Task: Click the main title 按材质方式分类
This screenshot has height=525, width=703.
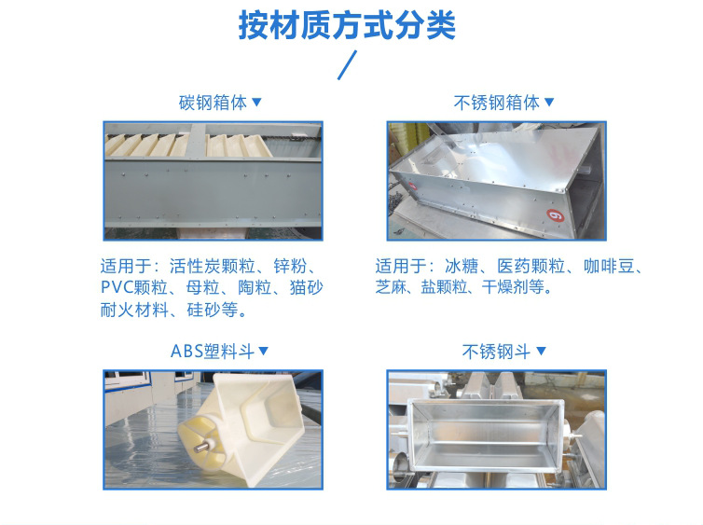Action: click(347, 25)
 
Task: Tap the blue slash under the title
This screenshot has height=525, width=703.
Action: click(347, 65)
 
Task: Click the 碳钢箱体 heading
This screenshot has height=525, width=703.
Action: click(213, 103)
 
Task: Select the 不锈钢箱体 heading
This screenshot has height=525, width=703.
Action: click(496, 103)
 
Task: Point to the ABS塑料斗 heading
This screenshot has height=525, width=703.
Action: click(213, 351)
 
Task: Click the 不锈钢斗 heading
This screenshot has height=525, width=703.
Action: click(496, 351)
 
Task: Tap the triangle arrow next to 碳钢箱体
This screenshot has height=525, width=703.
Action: click(256, 103)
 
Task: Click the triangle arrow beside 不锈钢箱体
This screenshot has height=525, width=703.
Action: click(549, 103)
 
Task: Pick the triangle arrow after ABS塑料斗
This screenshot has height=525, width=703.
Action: click(264, 351)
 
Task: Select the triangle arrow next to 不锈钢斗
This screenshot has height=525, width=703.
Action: click(541, 351)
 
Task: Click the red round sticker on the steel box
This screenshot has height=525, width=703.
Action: click(556, 215)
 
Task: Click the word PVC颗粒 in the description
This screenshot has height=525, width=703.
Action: click(134, 287)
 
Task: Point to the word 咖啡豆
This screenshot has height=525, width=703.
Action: click(609, 267)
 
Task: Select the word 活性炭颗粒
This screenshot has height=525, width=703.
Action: click(212, 267)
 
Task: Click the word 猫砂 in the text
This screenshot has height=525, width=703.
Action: click(306, 287)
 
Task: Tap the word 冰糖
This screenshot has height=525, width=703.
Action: click(462, 267)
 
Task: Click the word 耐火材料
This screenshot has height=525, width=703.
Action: click(134, 310)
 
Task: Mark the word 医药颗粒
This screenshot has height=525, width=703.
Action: click(531, 267)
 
